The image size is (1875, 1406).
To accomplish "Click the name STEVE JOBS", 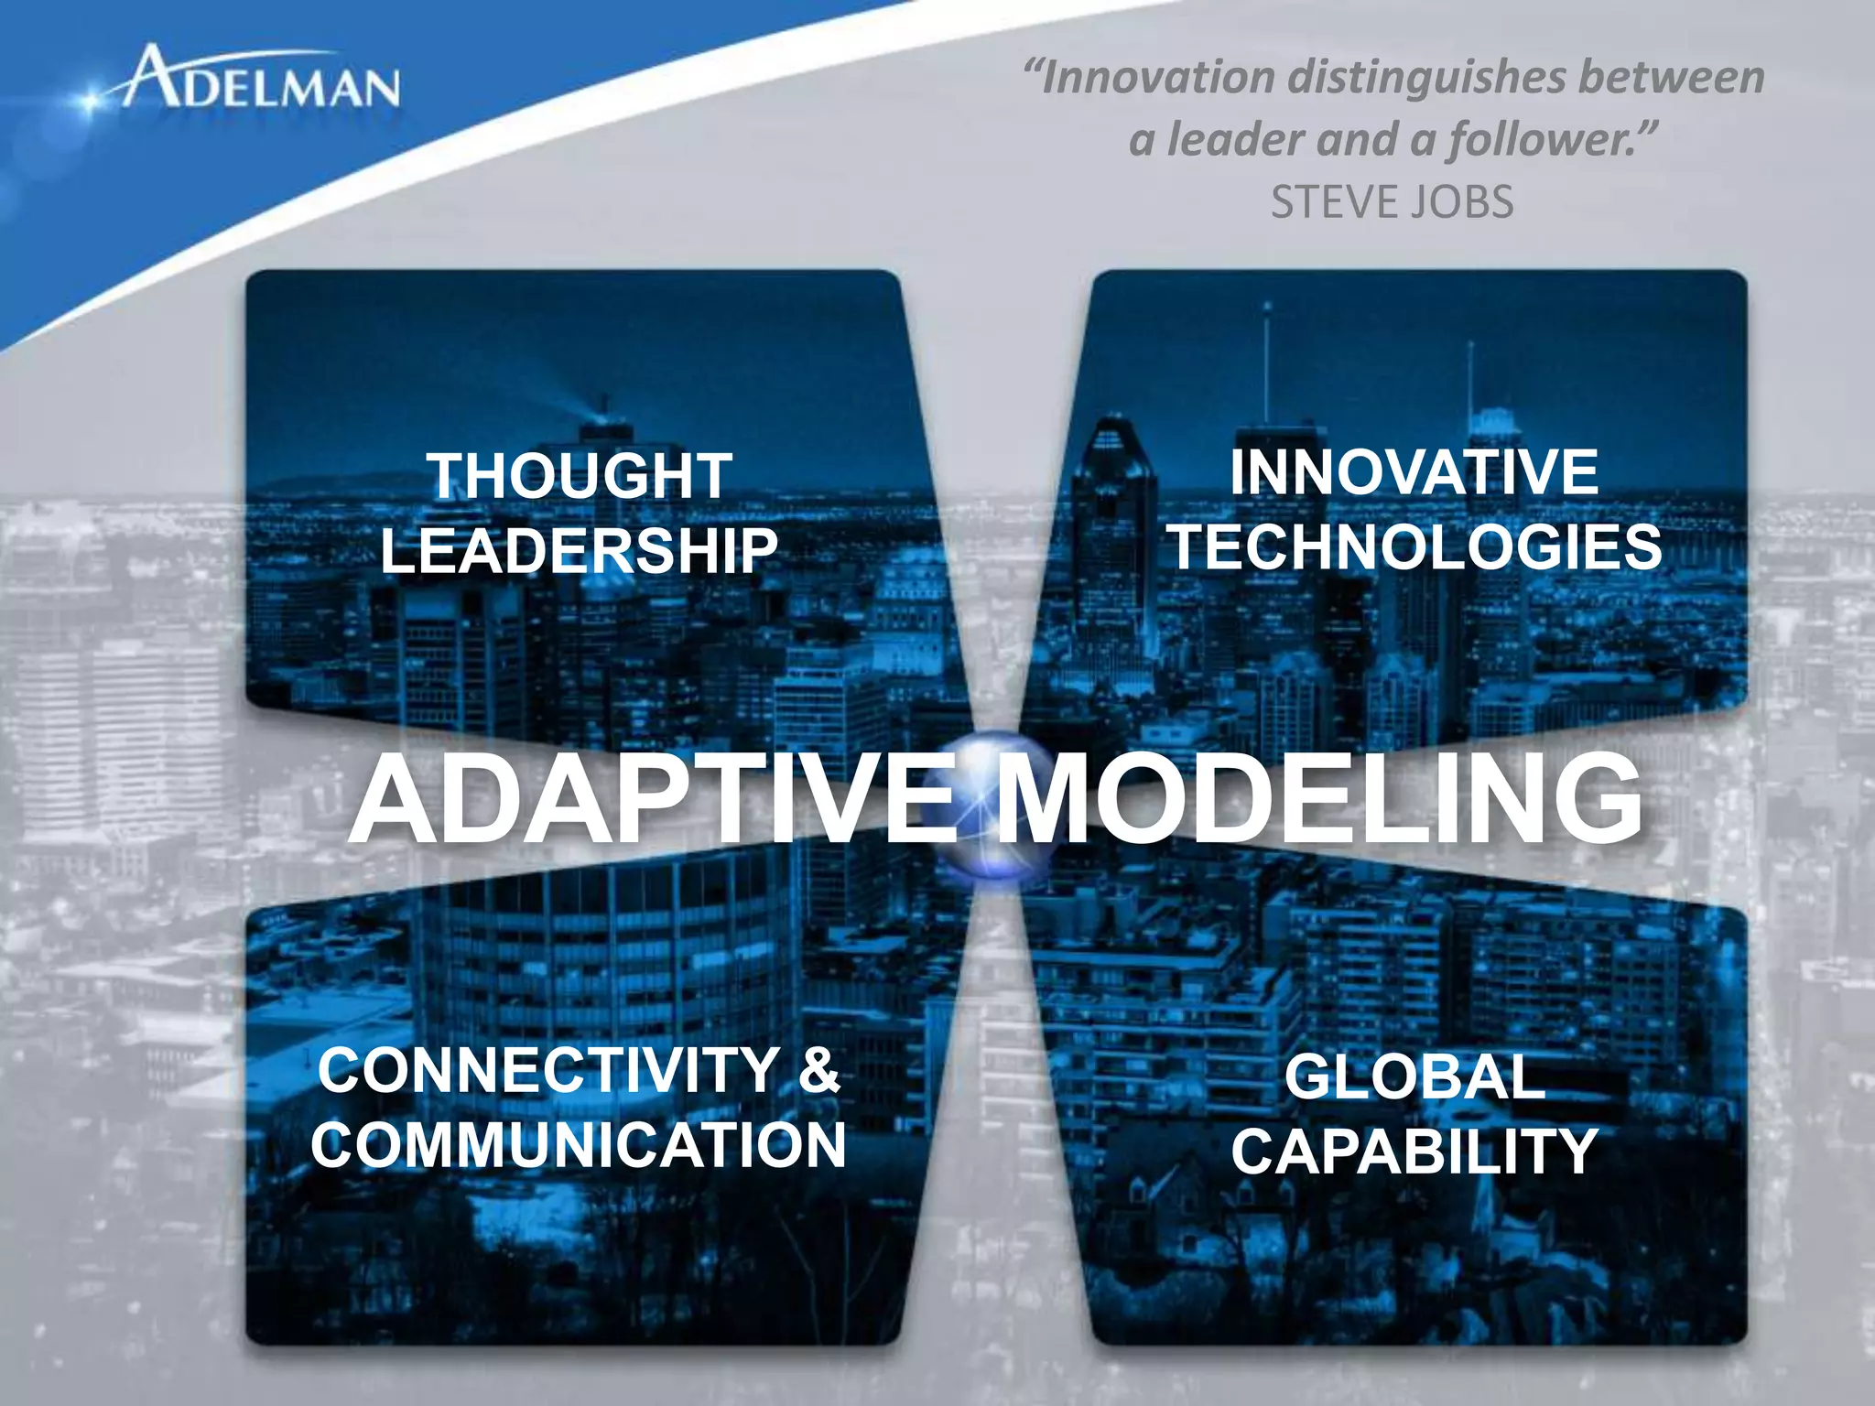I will (x=1392, y=202).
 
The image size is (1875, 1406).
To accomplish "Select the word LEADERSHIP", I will (x=579, y=551).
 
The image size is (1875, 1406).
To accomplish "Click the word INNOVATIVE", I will (x=1414, y=472).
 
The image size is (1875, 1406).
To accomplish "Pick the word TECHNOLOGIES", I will (x=1416, y=546).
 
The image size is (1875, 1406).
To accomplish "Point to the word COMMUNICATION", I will (x=579, y=1145).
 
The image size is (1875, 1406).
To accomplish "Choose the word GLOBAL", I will (x=1414, y=1077).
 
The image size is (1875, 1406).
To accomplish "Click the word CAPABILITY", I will (x=1414, y=1152).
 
